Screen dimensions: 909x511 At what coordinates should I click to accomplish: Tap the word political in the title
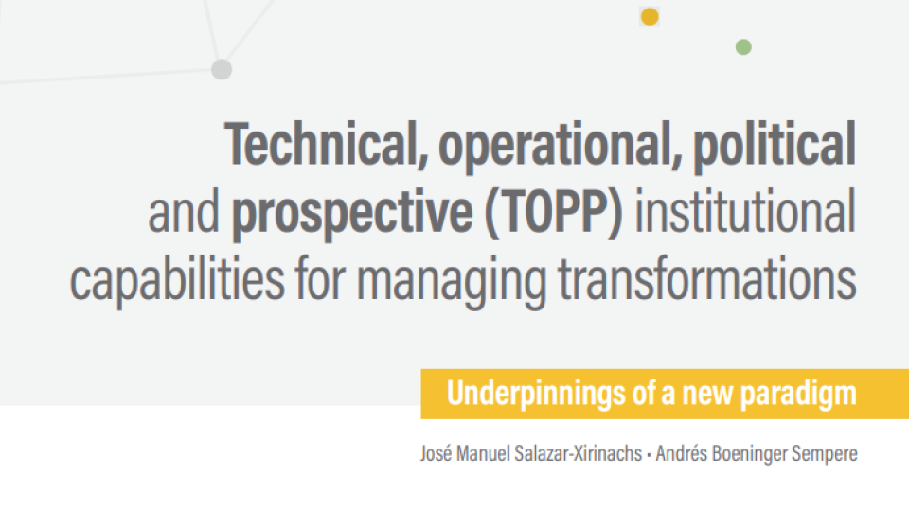pos(775,146)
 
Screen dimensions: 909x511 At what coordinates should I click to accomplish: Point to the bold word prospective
pos(352,213)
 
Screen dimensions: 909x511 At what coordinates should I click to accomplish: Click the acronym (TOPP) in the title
pos(554,212)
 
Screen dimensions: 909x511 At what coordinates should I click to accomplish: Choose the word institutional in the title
pos(745,210)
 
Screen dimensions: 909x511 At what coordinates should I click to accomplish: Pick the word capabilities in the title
pos(177,280)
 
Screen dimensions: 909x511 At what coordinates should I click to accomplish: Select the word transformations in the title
pos(707,278)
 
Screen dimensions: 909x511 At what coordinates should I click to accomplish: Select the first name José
pos(436,453)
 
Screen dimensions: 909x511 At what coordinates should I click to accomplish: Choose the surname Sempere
pos(825,453)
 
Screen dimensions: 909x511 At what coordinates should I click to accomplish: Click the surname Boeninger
pos(749,453)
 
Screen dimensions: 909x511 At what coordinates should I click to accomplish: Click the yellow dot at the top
pos(650,17)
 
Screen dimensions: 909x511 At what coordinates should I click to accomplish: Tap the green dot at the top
pos(743,47)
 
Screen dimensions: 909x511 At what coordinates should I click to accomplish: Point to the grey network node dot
pos(222,69)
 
